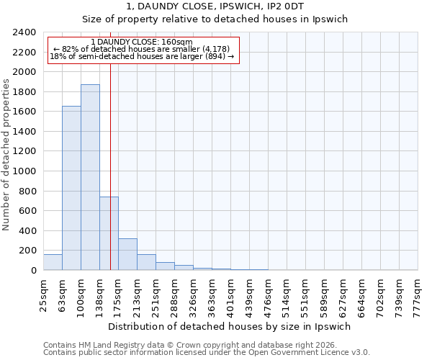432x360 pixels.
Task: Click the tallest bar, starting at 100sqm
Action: click(90, 177)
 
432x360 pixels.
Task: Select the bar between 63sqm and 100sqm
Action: click(71, 188)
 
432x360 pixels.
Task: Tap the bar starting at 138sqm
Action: click(109, 233)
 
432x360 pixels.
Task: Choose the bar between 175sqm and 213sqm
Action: click(127, 254)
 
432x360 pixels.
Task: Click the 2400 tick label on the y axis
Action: click(24, 32)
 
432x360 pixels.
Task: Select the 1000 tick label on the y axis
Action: click(24, 171)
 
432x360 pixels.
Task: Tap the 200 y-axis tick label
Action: click(27, 251)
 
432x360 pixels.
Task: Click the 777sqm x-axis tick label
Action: click(418, 293)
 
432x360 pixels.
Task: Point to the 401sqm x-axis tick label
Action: click(231, 293)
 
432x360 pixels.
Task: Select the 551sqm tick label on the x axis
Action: click(306, 293)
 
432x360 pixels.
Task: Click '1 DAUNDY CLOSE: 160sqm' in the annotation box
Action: click(143, 42)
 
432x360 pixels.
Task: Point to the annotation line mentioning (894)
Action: click(143, 56)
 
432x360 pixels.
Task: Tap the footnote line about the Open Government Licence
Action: click(207, 352)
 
